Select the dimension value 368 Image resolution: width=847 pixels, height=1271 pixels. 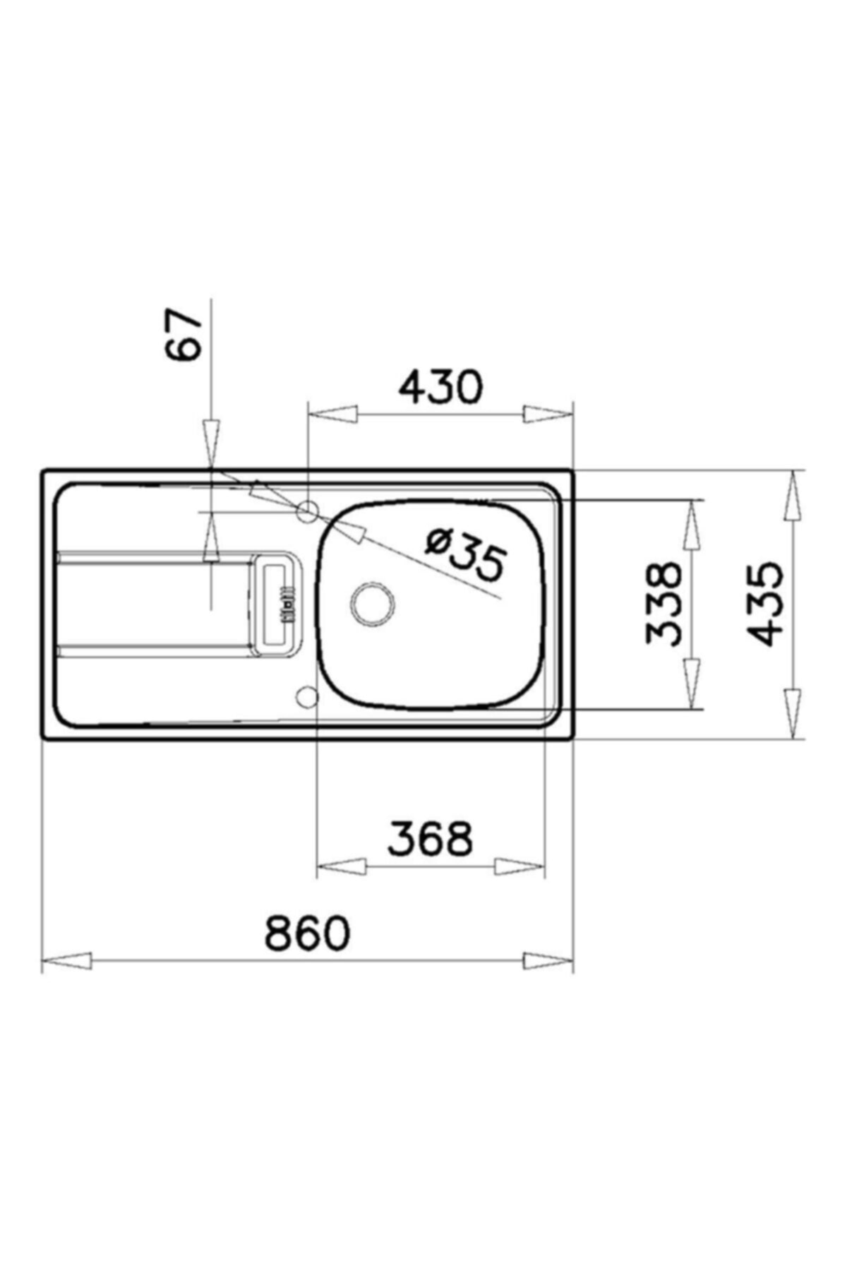[x=430, y=838]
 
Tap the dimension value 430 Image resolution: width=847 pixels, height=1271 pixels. [x=440, y=386]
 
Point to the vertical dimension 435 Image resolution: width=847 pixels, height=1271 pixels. [x=766, y=604]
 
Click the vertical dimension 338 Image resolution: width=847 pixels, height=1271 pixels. [x=665, y=604]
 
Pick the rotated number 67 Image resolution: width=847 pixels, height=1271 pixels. [x=184, y=335]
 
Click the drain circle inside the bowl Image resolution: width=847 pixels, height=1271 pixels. [x=373, y=604]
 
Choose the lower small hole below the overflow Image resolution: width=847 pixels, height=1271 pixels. [x=307, y=697]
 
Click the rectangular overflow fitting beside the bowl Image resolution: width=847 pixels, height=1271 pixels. [x=277, y=604]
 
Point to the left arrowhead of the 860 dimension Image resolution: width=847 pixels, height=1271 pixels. [x=67, y=961]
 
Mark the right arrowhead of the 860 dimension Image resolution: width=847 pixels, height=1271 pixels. [x=548, y=961]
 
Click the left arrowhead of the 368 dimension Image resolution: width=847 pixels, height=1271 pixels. [x=342, y=866]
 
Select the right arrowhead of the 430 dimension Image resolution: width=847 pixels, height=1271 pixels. [x=547, y=414]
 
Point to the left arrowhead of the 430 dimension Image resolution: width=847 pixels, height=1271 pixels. [x=332, y=414]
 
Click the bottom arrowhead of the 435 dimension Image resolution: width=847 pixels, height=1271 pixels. [x=794, y=713]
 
